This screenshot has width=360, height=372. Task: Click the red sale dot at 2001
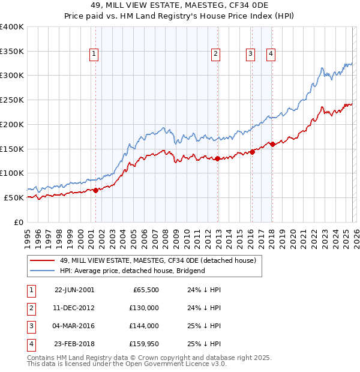[95, 190]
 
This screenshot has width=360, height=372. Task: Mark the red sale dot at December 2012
[217, 158]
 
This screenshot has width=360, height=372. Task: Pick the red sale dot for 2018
[272, 144]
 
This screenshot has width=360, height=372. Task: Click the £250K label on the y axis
[12, 100]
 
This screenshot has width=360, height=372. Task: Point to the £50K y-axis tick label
[14, 197]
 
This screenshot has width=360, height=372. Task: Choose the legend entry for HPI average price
[132, 271]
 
